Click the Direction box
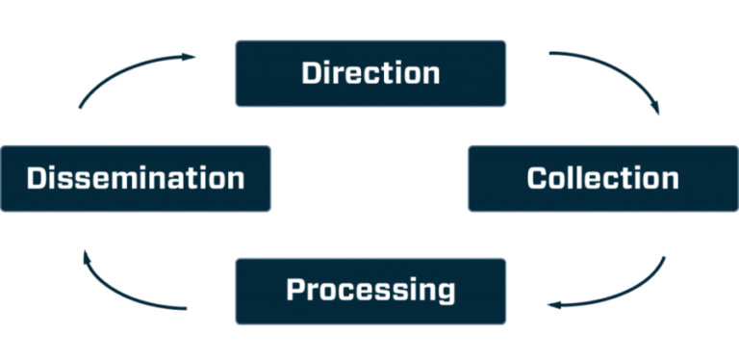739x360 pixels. point(370,72)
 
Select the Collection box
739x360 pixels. point(602,178)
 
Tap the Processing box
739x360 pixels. point(370,290)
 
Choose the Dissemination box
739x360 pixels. point(136,178)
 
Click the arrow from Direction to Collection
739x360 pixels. point(616,73)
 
